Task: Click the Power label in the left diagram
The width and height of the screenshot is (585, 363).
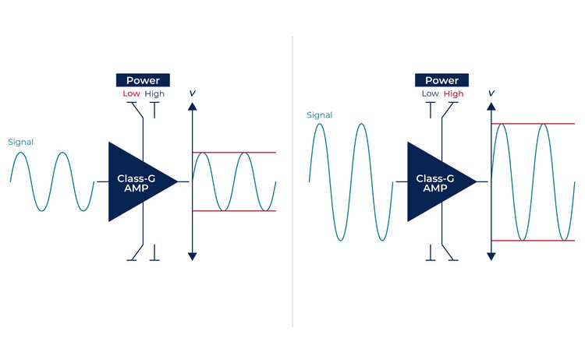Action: pos(143,80)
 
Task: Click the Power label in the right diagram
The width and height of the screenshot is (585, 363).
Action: pos(441,80)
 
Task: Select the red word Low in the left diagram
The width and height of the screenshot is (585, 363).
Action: pos(130,94)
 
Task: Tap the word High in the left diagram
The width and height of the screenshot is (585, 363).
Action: pos(154,94)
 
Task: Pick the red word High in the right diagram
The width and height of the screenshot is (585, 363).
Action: pos(453,94)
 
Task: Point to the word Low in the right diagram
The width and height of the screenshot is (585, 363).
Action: pos(430,94)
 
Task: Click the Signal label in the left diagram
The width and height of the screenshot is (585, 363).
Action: pos(20,142)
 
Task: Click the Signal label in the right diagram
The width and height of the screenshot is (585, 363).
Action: pos(320,115)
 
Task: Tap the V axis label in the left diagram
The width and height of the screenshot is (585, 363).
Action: pos(192,93)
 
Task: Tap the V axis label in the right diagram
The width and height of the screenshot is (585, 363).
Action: pos(491,93)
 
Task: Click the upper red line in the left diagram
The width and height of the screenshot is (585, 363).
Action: pos(250,152)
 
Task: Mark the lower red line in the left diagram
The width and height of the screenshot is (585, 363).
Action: pos(250,211)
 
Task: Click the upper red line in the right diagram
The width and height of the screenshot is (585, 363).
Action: pos(546,124)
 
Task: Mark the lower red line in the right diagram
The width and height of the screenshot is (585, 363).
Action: pos(546,241)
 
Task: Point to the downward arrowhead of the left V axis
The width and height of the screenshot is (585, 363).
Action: pos(192,256)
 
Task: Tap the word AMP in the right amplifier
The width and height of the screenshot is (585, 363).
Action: pos(435,188)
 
